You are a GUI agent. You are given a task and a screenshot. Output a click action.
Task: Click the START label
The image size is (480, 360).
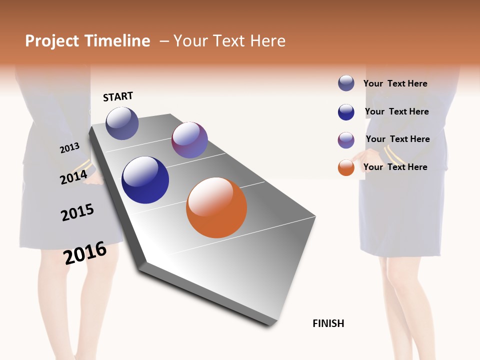(118, 96)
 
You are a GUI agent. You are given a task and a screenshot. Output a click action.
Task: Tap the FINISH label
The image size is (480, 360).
(328, 323)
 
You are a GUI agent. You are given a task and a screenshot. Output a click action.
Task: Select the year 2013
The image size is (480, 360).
(69, 148)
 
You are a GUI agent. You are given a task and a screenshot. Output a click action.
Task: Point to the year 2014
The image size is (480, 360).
(73, 177)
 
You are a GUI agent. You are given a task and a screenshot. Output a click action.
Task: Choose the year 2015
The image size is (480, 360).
(77, 212)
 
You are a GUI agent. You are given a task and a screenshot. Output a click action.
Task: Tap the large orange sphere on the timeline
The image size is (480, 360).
(216, 207)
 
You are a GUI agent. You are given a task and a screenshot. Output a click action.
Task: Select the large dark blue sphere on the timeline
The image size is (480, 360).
(145, 180)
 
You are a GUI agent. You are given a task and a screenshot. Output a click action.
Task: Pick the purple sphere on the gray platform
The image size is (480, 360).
(189, 140)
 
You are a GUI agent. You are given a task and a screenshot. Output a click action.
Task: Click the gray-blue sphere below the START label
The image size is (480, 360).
(122, 123)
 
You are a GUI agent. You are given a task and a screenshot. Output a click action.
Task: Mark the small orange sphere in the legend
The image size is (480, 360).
(346, 167)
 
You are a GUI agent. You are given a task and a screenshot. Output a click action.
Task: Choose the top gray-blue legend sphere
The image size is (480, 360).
(346, 83)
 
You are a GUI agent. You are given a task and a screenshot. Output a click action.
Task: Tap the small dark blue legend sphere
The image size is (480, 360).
(346, 112)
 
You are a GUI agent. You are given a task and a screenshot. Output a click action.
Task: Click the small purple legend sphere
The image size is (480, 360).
(346, 140)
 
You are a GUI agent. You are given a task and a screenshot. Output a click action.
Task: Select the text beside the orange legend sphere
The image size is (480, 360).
(395, 167)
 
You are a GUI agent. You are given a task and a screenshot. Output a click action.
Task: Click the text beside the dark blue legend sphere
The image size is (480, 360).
(396, 111)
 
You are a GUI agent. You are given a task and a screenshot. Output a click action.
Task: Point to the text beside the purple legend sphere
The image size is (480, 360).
(397, 139)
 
